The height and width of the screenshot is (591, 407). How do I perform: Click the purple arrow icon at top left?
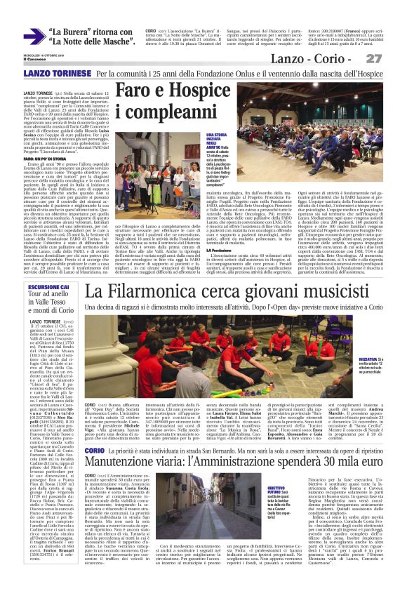click(34, 36)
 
